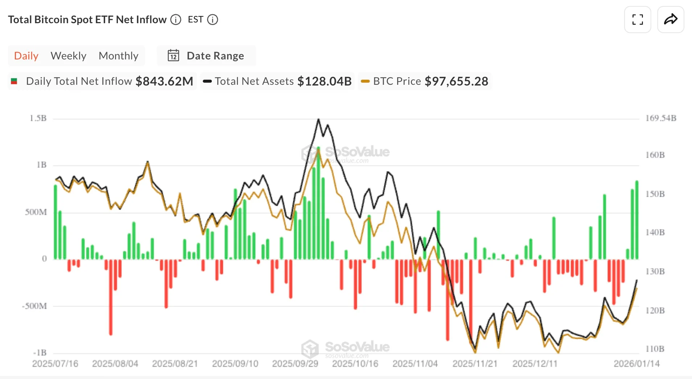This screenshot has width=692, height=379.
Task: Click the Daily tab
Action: tap(26, 56)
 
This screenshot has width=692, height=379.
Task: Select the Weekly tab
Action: tap(68, 56)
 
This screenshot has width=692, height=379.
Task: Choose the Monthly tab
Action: tap(118, 56)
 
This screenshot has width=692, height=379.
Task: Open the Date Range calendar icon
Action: tap(173, 56)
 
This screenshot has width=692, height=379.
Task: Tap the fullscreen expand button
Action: tap(637, 20)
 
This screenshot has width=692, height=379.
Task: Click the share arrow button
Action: tap(671, 20)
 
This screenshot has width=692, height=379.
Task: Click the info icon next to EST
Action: tap(213, 20)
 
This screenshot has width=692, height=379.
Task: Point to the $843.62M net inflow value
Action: tap(164, 81)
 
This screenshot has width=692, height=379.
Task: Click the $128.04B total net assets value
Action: tap(324, 81)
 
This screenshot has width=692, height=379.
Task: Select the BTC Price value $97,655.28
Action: tap(456, 81)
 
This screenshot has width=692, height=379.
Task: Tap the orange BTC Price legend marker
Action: tap(365, 81)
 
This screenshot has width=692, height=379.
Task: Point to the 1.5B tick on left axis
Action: tap(38, 118)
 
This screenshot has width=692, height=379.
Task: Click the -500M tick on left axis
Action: tap(34, 306)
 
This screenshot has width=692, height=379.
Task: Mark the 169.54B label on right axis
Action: tap(660, 118)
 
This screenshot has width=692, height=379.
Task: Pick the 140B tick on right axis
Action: tap(655, 232)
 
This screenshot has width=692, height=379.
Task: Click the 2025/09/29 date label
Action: tap(295, 363)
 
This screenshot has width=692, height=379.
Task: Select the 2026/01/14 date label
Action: tap(636, 363)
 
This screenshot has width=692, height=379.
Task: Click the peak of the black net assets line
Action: tap(318, 119)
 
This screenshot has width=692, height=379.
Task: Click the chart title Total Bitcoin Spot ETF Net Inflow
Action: tap(87, 20)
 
